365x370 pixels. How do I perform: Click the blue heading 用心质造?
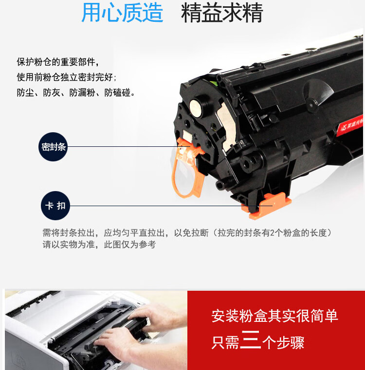coord(122,14)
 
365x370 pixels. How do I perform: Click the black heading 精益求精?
coord(222,14)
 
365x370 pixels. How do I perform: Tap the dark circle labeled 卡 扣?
coord(55,206)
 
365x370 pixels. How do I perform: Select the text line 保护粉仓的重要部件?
coord(58,62)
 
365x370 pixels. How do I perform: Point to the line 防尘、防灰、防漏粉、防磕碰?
coord(76,92)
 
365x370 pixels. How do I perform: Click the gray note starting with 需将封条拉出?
coord(187,233)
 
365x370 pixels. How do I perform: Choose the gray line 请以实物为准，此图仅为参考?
coord(99,245)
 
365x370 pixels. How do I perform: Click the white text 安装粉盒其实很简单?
coord(274,317)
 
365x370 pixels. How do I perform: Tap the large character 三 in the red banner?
coord(251,341)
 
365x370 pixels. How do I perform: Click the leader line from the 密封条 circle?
coord(122,146)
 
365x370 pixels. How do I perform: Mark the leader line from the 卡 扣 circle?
coord(156,206)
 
